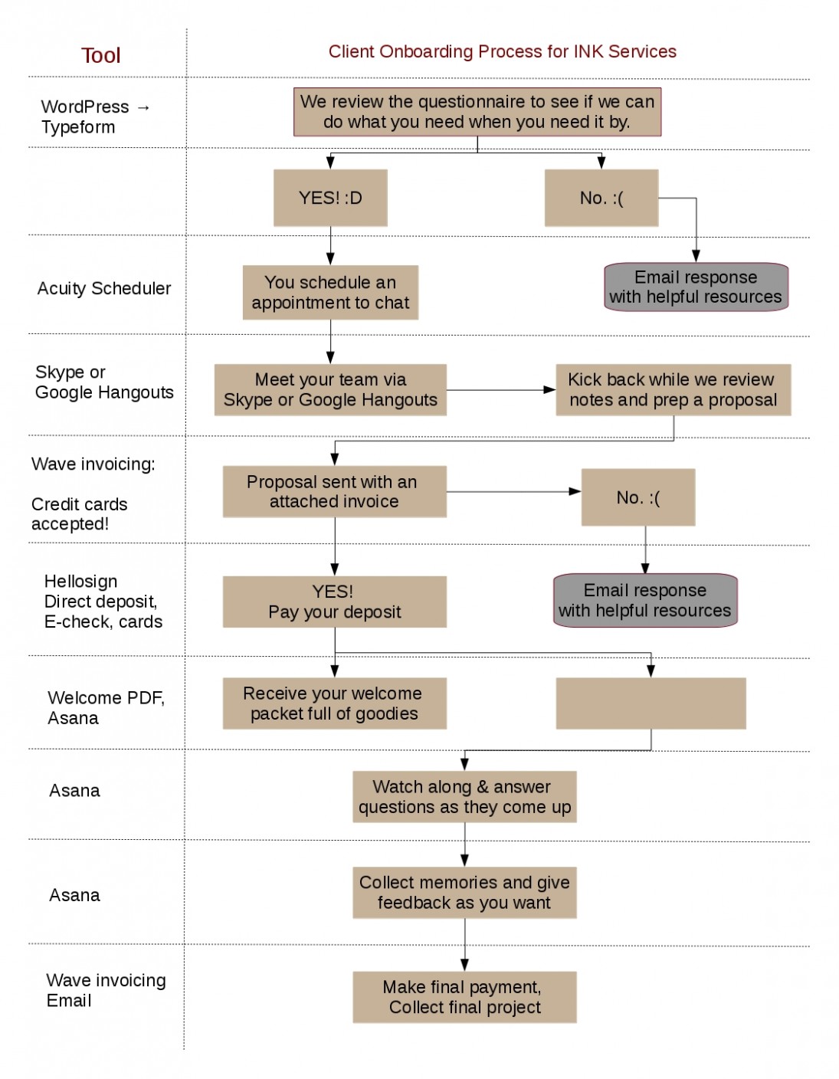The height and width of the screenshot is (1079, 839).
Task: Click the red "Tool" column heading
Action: [x=100, y=55]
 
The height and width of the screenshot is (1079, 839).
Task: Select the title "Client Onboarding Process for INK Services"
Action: [x=502, y=51]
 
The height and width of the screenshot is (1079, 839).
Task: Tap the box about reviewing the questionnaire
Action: [x=477, y=112]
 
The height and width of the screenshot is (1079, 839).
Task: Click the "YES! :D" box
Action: [x=330, y=198]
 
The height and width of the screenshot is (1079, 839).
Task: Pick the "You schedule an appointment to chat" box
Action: [x=330, y=293]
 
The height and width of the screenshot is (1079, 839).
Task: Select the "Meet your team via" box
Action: [x=330, y=390]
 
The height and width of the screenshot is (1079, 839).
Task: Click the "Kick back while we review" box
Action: [x=673, y=390]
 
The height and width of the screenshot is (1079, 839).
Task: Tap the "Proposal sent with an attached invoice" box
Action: [x=334, y=492]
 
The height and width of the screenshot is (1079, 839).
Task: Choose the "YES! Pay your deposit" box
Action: [x=334, y=602]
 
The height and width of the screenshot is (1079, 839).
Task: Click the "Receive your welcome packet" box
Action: [x=334, y=703]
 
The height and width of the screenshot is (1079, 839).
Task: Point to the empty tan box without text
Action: [x=651, y=703]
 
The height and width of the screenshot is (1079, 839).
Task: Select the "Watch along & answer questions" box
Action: [x=464, y=797]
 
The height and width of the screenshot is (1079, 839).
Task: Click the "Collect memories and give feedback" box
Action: [x=464, y=893]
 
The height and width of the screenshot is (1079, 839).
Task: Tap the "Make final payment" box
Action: [x=464, y=997]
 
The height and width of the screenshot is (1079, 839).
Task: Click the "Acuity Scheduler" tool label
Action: [x=104, y=289]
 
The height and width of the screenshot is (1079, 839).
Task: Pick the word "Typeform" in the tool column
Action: [x=78, y=127]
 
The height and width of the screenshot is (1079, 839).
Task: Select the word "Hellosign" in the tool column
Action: [x=81, y=581]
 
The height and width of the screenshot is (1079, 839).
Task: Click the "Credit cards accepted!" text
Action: [x=79, y=514]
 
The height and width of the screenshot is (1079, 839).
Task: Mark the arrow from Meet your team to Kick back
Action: [x=501, y=390]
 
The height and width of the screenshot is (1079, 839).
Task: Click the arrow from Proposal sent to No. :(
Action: [x=513, y=491]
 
